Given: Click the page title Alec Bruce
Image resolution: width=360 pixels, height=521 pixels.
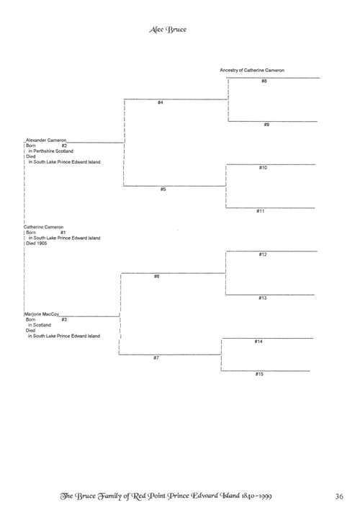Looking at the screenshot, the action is [x=168, y=30].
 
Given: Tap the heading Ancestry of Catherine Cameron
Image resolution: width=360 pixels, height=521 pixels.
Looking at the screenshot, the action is [x=252, y=70].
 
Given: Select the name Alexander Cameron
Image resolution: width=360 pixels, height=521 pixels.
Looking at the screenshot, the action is [x=46, y=141].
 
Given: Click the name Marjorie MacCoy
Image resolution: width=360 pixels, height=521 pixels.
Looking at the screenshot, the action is [x=42, y=314].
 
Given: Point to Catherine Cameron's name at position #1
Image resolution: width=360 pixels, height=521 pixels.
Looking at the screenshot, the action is [x=43, y=227].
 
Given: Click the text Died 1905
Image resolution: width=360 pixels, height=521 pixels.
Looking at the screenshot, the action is [x=37, y=244].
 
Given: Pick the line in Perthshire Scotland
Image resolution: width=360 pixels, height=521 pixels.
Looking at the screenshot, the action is [x=51, y=151].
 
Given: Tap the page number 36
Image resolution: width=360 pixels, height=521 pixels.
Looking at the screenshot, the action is [x=339, y=496].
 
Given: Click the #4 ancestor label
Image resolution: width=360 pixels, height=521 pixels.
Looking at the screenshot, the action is [x=161, y=102].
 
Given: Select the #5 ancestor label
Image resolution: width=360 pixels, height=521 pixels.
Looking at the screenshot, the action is [x=163, y=190].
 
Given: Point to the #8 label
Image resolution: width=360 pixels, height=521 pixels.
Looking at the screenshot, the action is [x=264, y=81].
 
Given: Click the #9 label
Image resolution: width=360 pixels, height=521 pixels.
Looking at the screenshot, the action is [x=266, y=125].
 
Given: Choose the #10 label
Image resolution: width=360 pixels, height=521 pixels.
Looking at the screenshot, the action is [x=263, y=168].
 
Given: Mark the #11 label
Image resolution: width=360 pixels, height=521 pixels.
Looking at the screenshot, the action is [x=261, y=211].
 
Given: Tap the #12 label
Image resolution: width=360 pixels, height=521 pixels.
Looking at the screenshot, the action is [x=263, y=254].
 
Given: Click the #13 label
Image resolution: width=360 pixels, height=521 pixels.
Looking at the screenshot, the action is [x=263, y=298].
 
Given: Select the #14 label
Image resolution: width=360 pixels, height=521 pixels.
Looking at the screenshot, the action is [x=258, y=342].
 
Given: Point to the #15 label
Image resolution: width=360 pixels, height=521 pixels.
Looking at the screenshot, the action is [x=259, y=374].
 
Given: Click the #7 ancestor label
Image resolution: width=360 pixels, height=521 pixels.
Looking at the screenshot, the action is [x=156, y=358].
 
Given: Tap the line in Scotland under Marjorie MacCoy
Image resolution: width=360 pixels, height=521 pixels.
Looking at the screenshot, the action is [x=40, y=325].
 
